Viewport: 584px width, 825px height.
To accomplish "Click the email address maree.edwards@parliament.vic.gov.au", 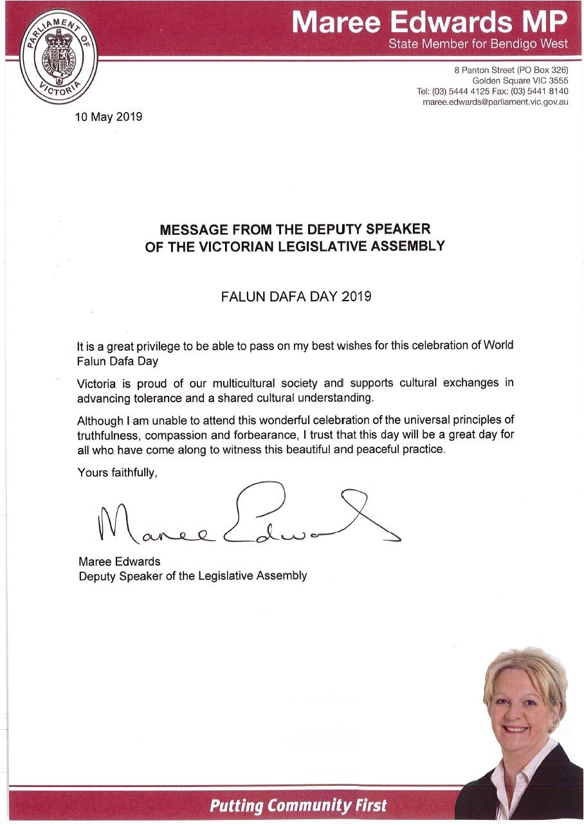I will [x=495, y=102].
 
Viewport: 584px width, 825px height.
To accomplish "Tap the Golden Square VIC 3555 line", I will [x=520, y=80].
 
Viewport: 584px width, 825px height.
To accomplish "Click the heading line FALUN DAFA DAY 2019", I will [x=295, y=297].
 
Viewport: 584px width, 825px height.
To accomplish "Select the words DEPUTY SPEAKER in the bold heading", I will [x=374, y=229].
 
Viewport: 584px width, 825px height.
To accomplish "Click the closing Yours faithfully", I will [x=117, y=472].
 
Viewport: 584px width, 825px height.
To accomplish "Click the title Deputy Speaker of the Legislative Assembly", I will [x=192, y=575].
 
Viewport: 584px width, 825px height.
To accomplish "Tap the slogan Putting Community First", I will [x=298, y=804].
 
